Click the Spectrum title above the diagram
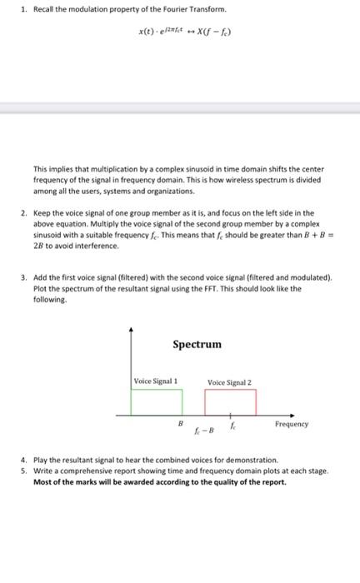197,344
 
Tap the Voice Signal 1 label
156,381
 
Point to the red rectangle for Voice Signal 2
230,401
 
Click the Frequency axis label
292,424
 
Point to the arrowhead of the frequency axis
292,413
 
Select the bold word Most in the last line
42,481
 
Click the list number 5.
24,471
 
